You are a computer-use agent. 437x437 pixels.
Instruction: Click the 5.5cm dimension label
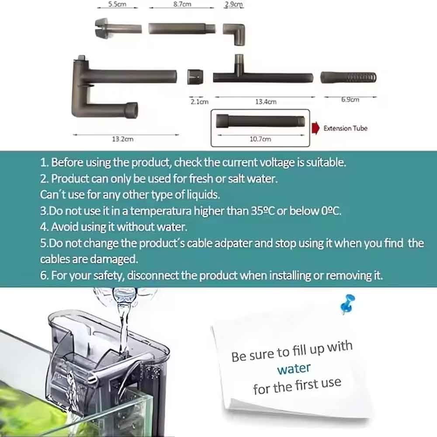(x=117, y=4)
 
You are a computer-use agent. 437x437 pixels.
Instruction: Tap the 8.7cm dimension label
(x=182, y=4)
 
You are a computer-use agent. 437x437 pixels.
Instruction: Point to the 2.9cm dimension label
(x=233, y=4)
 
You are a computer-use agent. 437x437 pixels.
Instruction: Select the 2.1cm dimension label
(x=199, y=102)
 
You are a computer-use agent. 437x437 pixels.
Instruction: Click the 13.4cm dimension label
(x=266, y=102)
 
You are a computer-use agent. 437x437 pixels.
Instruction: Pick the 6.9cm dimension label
(x=350, y=100)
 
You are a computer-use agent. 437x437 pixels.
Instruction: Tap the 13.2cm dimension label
(x=123, y=139)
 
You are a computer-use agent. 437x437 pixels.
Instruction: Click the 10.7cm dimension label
(x=260, y=139)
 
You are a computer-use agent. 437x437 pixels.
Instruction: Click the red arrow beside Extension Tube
(x=316, y=128)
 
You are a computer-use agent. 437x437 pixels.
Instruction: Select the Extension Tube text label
(x=345, y=128)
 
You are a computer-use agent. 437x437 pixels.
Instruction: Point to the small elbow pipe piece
(x=234, y=34)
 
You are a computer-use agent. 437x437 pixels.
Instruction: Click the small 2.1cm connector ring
(x=195, y=77)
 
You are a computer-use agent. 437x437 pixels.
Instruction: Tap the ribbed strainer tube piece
(x=348, y=77)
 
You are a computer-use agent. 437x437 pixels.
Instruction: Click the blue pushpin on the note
(x=348, y=304)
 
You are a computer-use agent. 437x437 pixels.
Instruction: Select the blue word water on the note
(x=294, y=369)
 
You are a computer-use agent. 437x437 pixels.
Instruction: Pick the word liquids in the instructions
(x=203, y=194)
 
